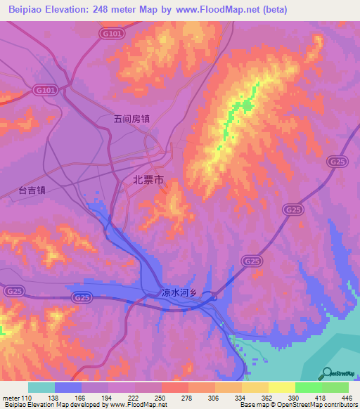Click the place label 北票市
(148, 180)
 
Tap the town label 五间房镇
(131, 119)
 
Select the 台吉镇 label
(32, 190)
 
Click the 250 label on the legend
(162, 398)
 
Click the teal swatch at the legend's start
(41, 387)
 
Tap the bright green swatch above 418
(308, 387)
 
